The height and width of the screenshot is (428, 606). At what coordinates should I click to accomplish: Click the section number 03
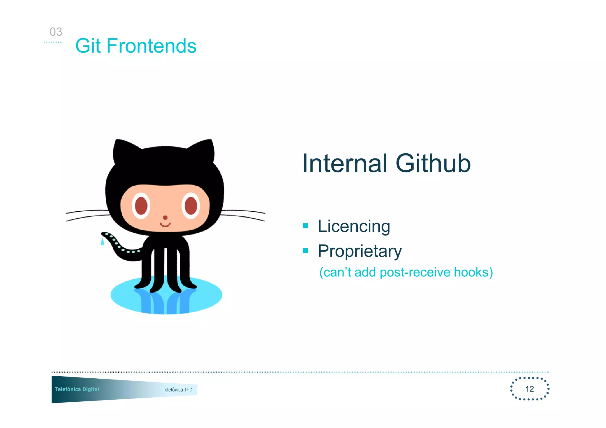[x=56, y=32]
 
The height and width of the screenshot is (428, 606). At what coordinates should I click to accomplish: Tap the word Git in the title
[x=88, y=46]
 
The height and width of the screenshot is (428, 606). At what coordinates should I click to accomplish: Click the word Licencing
[x=354, y=227]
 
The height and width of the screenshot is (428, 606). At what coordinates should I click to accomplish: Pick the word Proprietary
[x=360, y=252]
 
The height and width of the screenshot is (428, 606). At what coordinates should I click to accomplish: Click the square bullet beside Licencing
[x=305, y=226]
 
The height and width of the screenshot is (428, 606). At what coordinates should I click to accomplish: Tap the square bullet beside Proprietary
[x=305, y=251]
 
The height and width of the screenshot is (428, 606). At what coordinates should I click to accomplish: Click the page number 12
[x=529, y=389]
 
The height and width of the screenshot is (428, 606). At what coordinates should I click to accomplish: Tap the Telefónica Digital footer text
[x=77, y=389]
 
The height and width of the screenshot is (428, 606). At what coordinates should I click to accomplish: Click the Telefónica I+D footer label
[x=178, y=390]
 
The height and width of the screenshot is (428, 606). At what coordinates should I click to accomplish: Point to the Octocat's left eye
[x=141, y=205]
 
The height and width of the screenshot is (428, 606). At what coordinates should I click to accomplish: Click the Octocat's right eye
[x=191, y=205]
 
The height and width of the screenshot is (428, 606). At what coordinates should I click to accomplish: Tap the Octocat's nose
[x=165, y=218]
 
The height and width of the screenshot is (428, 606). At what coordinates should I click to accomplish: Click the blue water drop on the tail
[x=102, y=242]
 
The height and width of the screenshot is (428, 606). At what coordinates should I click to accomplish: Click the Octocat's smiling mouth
[x=165, y=225]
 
